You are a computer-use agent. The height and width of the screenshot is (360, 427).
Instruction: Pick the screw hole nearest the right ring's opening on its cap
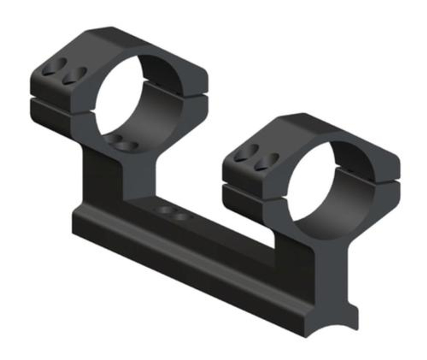[266, 162]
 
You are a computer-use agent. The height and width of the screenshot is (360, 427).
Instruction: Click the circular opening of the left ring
[133, 97]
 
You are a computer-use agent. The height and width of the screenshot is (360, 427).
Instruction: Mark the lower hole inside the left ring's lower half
[127, 146]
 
